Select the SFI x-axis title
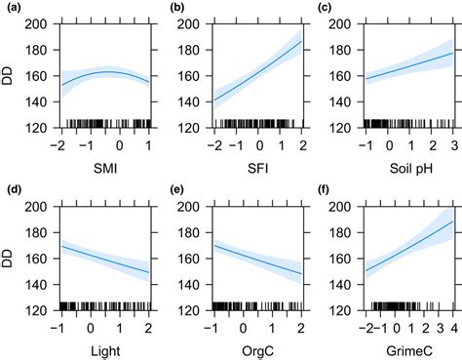[x=255, y=169]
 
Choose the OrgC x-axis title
[x=255, y=349]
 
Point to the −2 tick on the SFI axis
[x=212, y=146]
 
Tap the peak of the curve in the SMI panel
[x=110, y=72]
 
